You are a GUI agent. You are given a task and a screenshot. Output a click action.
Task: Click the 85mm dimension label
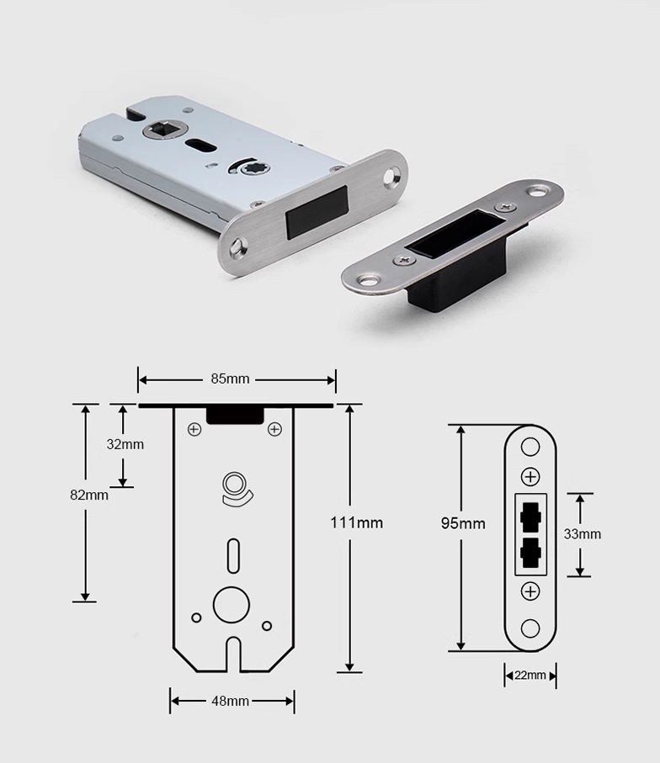pos(230,379)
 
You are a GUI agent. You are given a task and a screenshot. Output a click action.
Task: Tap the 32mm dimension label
pos(125,444)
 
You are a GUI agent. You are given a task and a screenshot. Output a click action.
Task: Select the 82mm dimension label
pos(89,495)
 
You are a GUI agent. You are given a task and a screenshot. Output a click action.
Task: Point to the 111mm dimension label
pos(357,522)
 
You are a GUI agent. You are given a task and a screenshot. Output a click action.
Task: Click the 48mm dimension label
pos(230,702)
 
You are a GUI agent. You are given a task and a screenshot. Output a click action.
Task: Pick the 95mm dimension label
pos(463,523)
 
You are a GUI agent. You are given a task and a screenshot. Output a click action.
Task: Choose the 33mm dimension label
pos(583,534)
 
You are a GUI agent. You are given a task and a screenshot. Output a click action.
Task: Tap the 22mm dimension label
pos(530,676)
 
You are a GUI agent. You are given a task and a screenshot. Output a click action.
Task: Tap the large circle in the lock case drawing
pos(232,605)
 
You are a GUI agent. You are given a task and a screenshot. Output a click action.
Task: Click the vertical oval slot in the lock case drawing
pos(234,555)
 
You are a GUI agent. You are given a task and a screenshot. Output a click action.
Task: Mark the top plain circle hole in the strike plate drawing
pos(530,447)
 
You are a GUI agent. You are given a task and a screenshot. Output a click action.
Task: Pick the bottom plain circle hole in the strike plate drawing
pos(530,628)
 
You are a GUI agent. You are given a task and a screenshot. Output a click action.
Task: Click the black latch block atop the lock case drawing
pos(235,415)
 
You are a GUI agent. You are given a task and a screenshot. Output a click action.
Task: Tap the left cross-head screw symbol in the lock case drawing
pos(194,429)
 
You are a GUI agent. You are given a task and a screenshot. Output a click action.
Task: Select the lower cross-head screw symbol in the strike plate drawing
pos(530,591)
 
